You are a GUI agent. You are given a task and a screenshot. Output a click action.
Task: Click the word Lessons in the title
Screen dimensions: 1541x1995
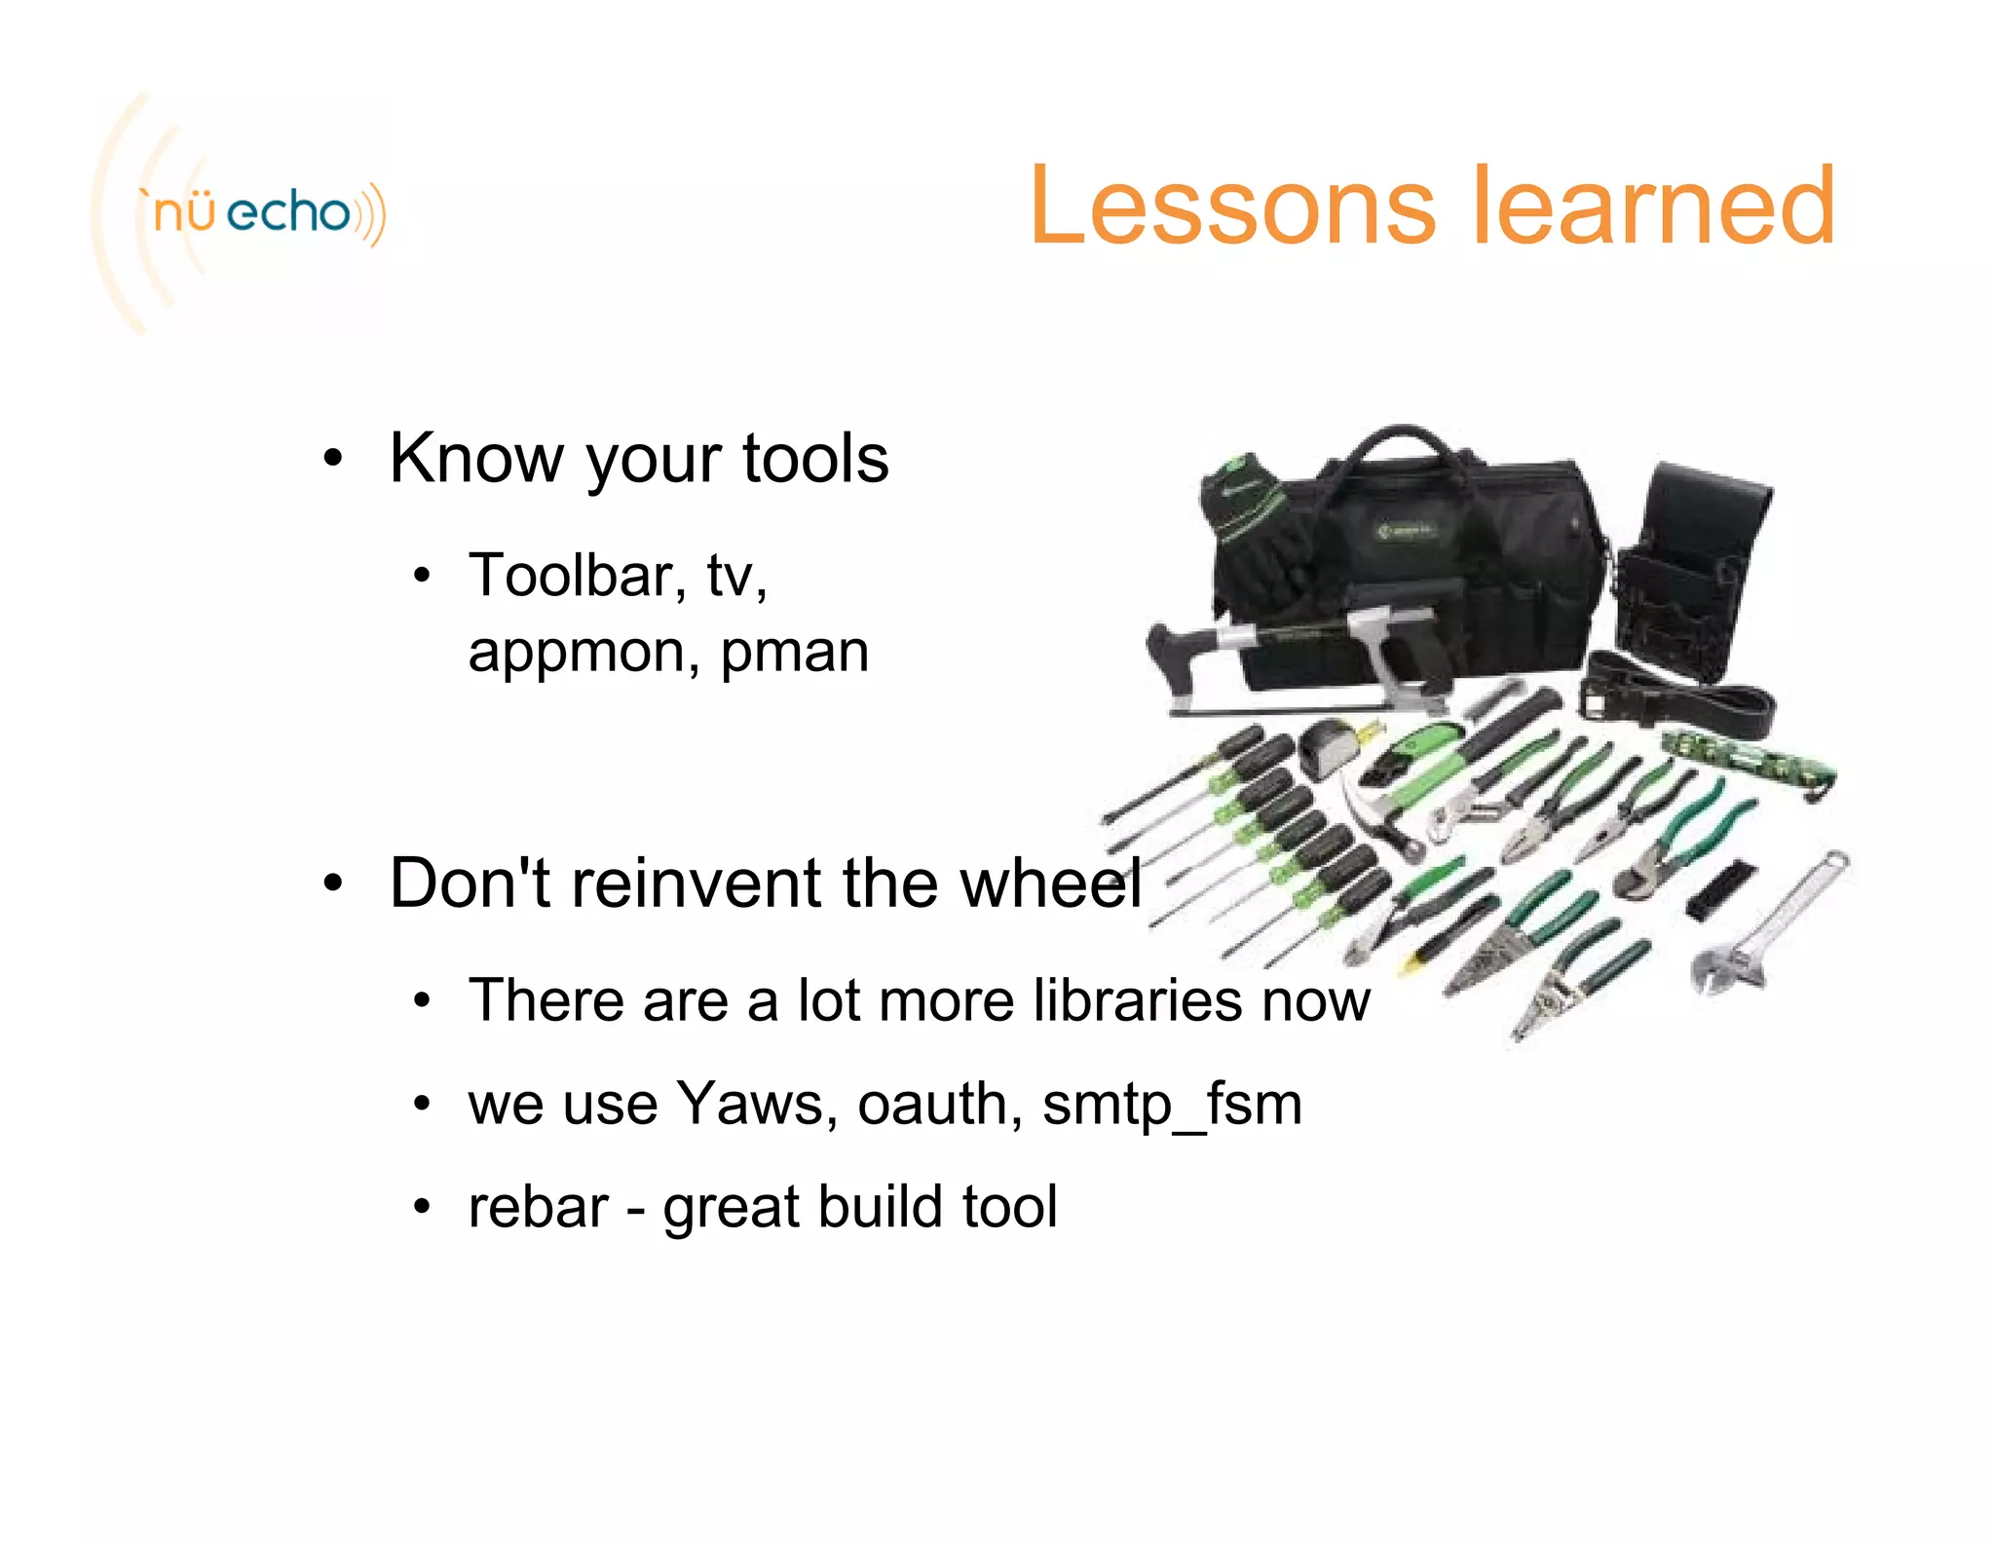tap(1231, 206)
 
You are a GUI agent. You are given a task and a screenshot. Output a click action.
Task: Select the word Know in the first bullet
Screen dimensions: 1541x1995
tap(476, 458)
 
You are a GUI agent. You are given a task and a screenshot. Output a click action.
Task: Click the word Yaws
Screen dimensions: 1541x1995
tap(749, 1104)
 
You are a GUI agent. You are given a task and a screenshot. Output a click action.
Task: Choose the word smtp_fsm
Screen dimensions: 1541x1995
tap(1172, 1106)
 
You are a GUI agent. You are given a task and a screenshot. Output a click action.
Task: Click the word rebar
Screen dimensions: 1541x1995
tap(538, 1207)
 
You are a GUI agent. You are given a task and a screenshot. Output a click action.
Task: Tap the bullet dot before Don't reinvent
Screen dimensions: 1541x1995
tap(333, 883)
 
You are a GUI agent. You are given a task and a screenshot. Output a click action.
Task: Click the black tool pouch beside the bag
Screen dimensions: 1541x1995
tap(1695, 565)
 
